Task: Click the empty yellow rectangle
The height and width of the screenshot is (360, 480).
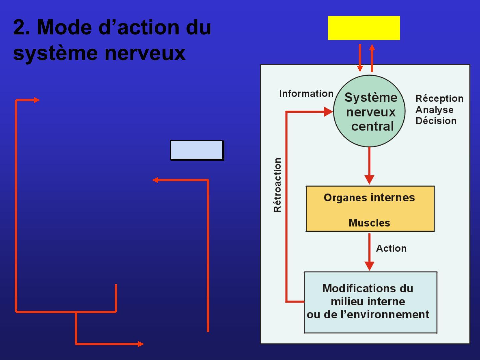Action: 364,28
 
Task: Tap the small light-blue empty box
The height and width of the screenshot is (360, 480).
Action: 197,150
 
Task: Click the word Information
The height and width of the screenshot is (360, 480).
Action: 306,94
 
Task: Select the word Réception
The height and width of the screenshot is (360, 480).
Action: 439,99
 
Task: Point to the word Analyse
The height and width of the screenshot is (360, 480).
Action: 434,110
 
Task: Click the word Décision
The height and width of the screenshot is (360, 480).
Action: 436,121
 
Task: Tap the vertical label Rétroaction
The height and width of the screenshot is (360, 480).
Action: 277,185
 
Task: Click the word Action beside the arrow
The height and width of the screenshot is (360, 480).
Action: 391,248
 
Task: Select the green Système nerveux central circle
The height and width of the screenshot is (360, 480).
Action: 369,112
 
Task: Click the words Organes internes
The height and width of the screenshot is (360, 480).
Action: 369,198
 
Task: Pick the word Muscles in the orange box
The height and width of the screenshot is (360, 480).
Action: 369,223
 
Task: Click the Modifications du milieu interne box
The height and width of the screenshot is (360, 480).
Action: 370,302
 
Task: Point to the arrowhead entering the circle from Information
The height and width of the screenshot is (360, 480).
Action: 328,112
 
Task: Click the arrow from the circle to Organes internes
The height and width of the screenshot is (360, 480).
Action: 369,167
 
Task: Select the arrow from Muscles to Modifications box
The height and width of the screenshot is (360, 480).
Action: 369,252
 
